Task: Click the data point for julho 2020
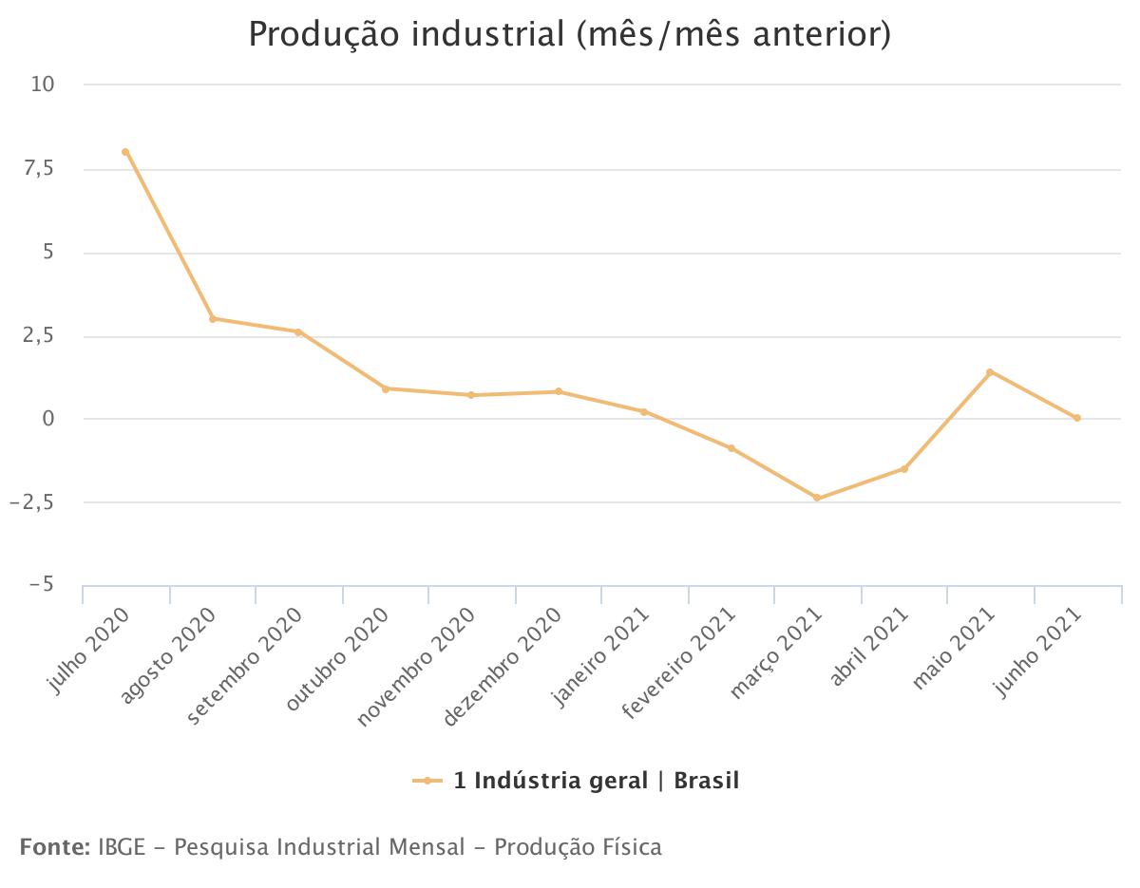[x=125, y=152]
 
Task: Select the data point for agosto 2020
[x=213, y=318]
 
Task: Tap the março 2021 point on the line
[x=817, y=498]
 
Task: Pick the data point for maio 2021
[x=990, y=372]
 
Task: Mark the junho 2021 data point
[x=1077, y=418]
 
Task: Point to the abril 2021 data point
[x=904, y=468]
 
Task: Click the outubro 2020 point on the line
[x=386, y=388]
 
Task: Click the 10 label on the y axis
[x=43, y=85]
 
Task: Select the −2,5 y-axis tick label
[x=32, y=502]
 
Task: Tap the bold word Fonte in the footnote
[x=54, y=846]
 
